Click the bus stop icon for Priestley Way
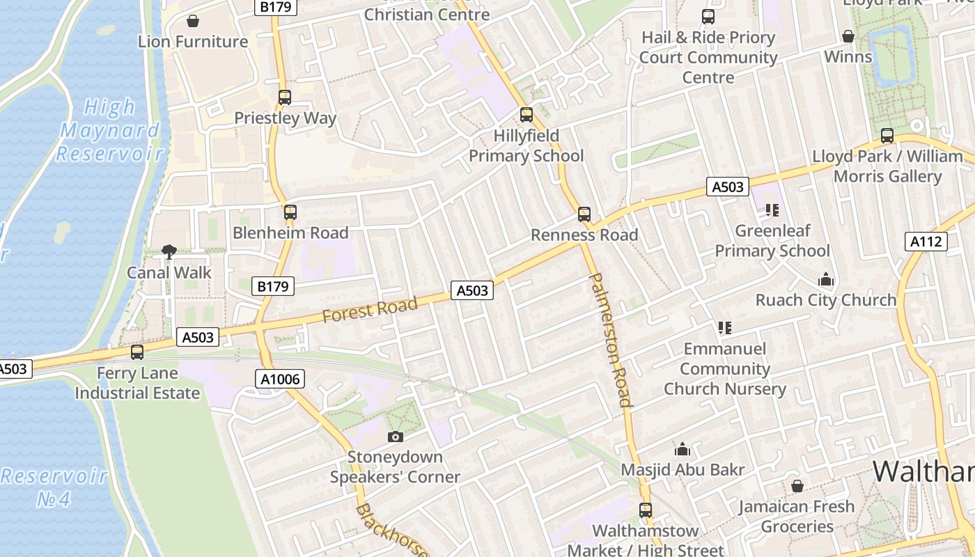pos(285,97)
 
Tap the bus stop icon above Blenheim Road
pos(290,212)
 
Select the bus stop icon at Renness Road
pos(584,214)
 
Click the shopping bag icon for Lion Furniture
pos(193,21)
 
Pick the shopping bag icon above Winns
pos(848,36)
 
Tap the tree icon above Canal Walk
pos(169,252)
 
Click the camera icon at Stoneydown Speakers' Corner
pos(395,437)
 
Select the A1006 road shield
pos(280,379)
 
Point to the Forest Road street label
pos(370,309)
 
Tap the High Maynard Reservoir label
pos(109,130)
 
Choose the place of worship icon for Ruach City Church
pos(826,280)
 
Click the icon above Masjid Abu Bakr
pos(682,450)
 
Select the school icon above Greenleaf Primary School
pos(772,210)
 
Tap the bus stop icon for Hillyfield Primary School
pos(526,115)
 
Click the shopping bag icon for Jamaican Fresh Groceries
pos(797,486)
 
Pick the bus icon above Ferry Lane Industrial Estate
pos(137,352)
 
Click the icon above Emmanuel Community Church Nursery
pos(725,327)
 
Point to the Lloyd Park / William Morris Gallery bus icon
pos(887,136)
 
